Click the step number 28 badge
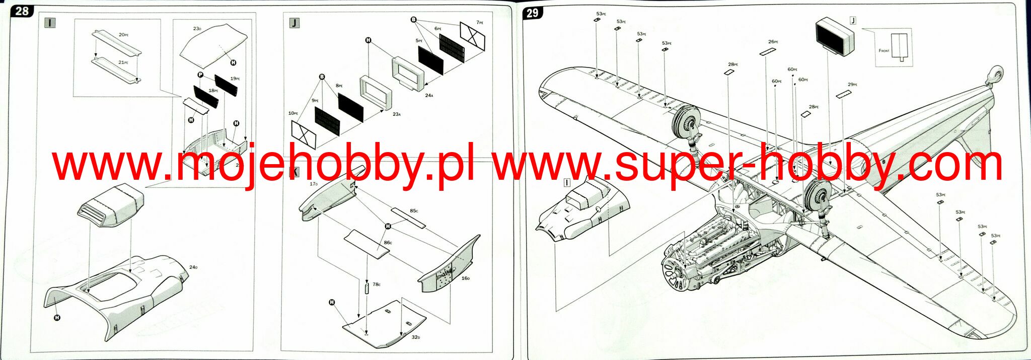click(x=21, y=11)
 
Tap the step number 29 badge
click(x=533, y=13)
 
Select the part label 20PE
click(x=123, y=35)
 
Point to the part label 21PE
click(x=123, y=62)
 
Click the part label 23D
click(x=197, y=29)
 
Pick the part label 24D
click(x=193, y=267)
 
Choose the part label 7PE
click(x=480, y=23)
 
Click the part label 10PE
click(x=293, y=113)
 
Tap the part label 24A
click(x=429, y=95)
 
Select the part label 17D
click(x=314, y=184)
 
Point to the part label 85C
click(x=414, y=210)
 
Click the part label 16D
click(x=465, y=278)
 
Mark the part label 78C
click(x=377, y=284)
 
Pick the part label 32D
click(x=415, y=337)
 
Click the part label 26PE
click(x=773, y=42)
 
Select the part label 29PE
click(x=852, y=85)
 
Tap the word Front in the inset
click(x=884, y=50)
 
